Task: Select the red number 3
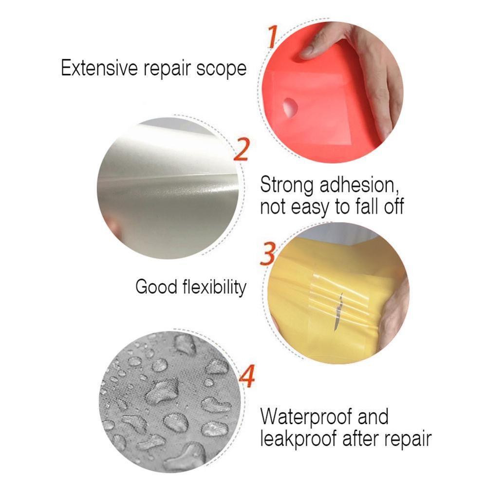pos(267,254)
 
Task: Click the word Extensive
pos(99,68)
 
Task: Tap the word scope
pos(221,69)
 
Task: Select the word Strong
pos(286,186)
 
